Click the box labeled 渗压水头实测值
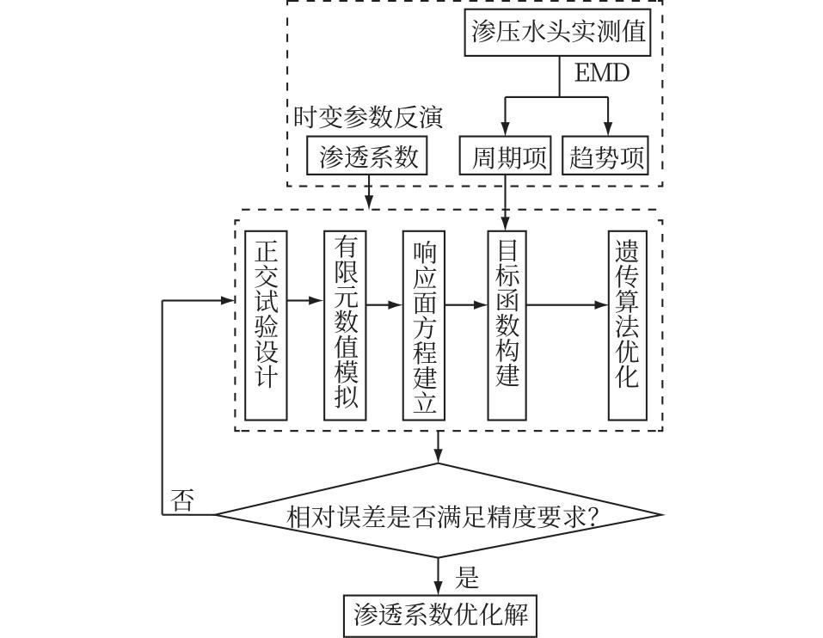(557, 33)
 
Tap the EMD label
(602, 73)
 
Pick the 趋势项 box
(606, 156)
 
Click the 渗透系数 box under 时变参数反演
(368, 156)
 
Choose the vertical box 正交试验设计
(266, 325)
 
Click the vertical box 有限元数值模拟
(345, 325)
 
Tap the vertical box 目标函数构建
(507, 325)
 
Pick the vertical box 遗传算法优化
(627, 325)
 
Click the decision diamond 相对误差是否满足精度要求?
(439, 515)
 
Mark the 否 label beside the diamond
(181, 500)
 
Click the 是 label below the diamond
(467, 578)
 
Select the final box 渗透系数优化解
(439, 616)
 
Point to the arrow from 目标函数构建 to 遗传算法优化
(568, 304)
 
